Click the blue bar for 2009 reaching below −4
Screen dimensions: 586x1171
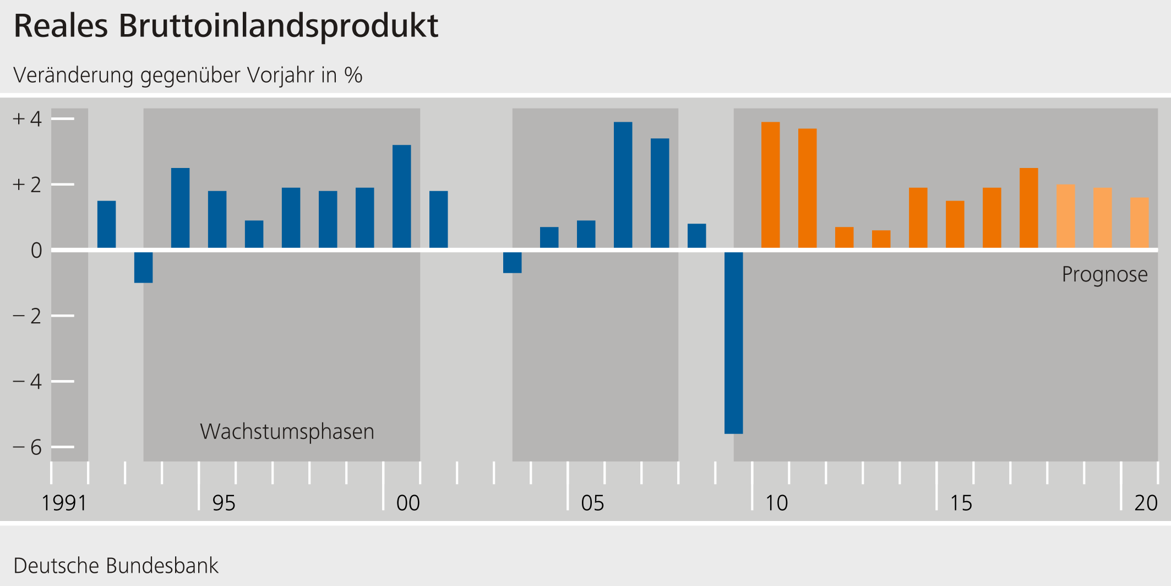click(733, 341)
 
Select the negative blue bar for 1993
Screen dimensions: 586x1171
click(143, 267)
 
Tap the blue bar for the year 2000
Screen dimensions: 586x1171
click(401, 196)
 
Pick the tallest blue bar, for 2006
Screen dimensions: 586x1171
click(623, 185)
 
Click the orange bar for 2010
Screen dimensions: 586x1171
click(770, 185)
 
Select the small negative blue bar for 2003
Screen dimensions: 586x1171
click(512, 262)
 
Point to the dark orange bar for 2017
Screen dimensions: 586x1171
click(1028, 208)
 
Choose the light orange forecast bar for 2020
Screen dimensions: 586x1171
click(1139, 223)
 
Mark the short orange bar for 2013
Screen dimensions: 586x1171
click(881, 239)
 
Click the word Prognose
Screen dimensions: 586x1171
click(1104, 274)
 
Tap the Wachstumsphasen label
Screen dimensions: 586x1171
click(287, 431)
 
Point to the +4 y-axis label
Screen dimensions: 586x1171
click(28, 118)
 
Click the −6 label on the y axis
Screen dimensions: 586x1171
click(28, 447)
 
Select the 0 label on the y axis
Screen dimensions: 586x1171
click(36, 251)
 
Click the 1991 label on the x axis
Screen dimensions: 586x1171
click(64, 503)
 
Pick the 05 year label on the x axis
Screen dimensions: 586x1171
click(592, 503)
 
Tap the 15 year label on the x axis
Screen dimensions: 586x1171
click(961, 503)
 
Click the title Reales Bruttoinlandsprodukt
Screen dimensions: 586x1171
click(226, 26)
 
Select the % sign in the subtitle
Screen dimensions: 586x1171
click(353, 75)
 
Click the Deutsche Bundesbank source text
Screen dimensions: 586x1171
click(116, 566)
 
